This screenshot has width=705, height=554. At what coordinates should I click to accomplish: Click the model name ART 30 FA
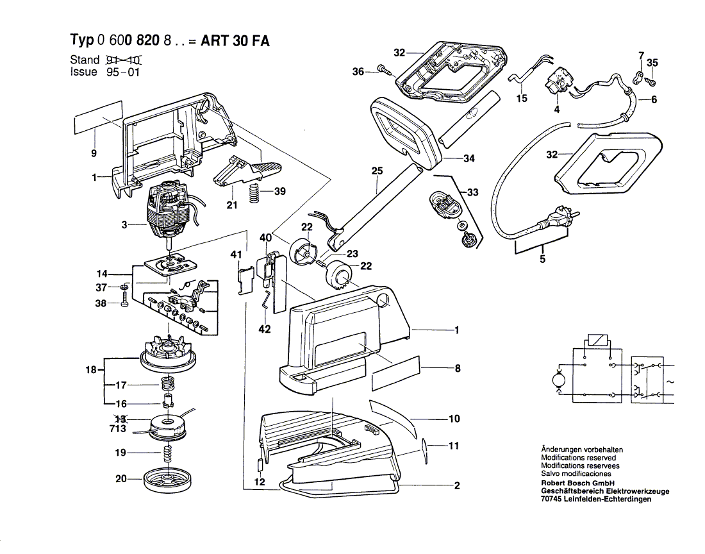(x=235, y=41)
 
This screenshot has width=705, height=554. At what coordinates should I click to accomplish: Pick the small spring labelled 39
(x=254, y=194)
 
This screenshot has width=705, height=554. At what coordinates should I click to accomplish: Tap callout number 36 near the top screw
(x=358, y=71)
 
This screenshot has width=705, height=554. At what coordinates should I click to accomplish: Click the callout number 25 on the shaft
(x=376, y=171)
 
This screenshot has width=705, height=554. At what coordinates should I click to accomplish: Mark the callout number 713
(x=117, y=428)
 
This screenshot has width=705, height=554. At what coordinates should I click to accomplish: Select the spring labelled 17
(x=167, y=386)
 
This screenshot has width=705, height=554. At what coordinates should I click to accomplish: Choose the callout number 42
(x=264, y=330)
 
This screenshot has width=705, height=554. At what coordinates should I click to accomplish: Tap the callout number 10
(x=454, y=419)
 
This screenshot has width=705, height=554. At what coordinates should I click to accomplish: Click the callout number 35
(x=652, y=63)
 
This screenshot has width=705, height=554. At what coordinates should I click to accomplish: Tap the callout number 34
(x=469, y=158)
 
